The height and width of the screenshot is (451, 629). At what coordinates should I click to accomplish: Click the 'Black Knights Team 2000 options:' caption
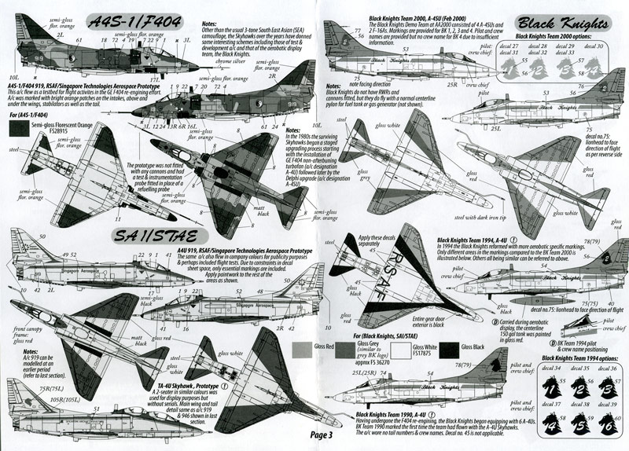[561, 36]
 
